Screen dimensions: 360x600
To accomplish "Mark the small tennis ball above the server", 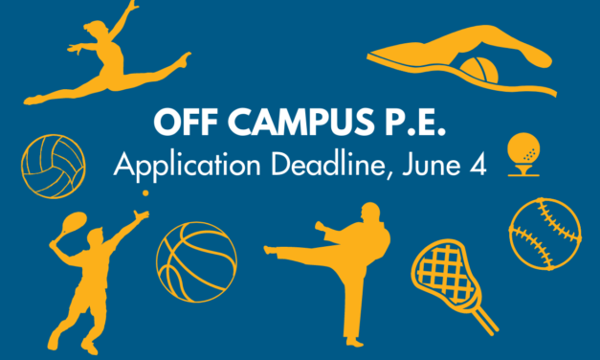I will coord(146,193).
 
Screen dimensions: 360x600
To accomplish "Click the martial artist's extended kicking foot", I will coord(271,252).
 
